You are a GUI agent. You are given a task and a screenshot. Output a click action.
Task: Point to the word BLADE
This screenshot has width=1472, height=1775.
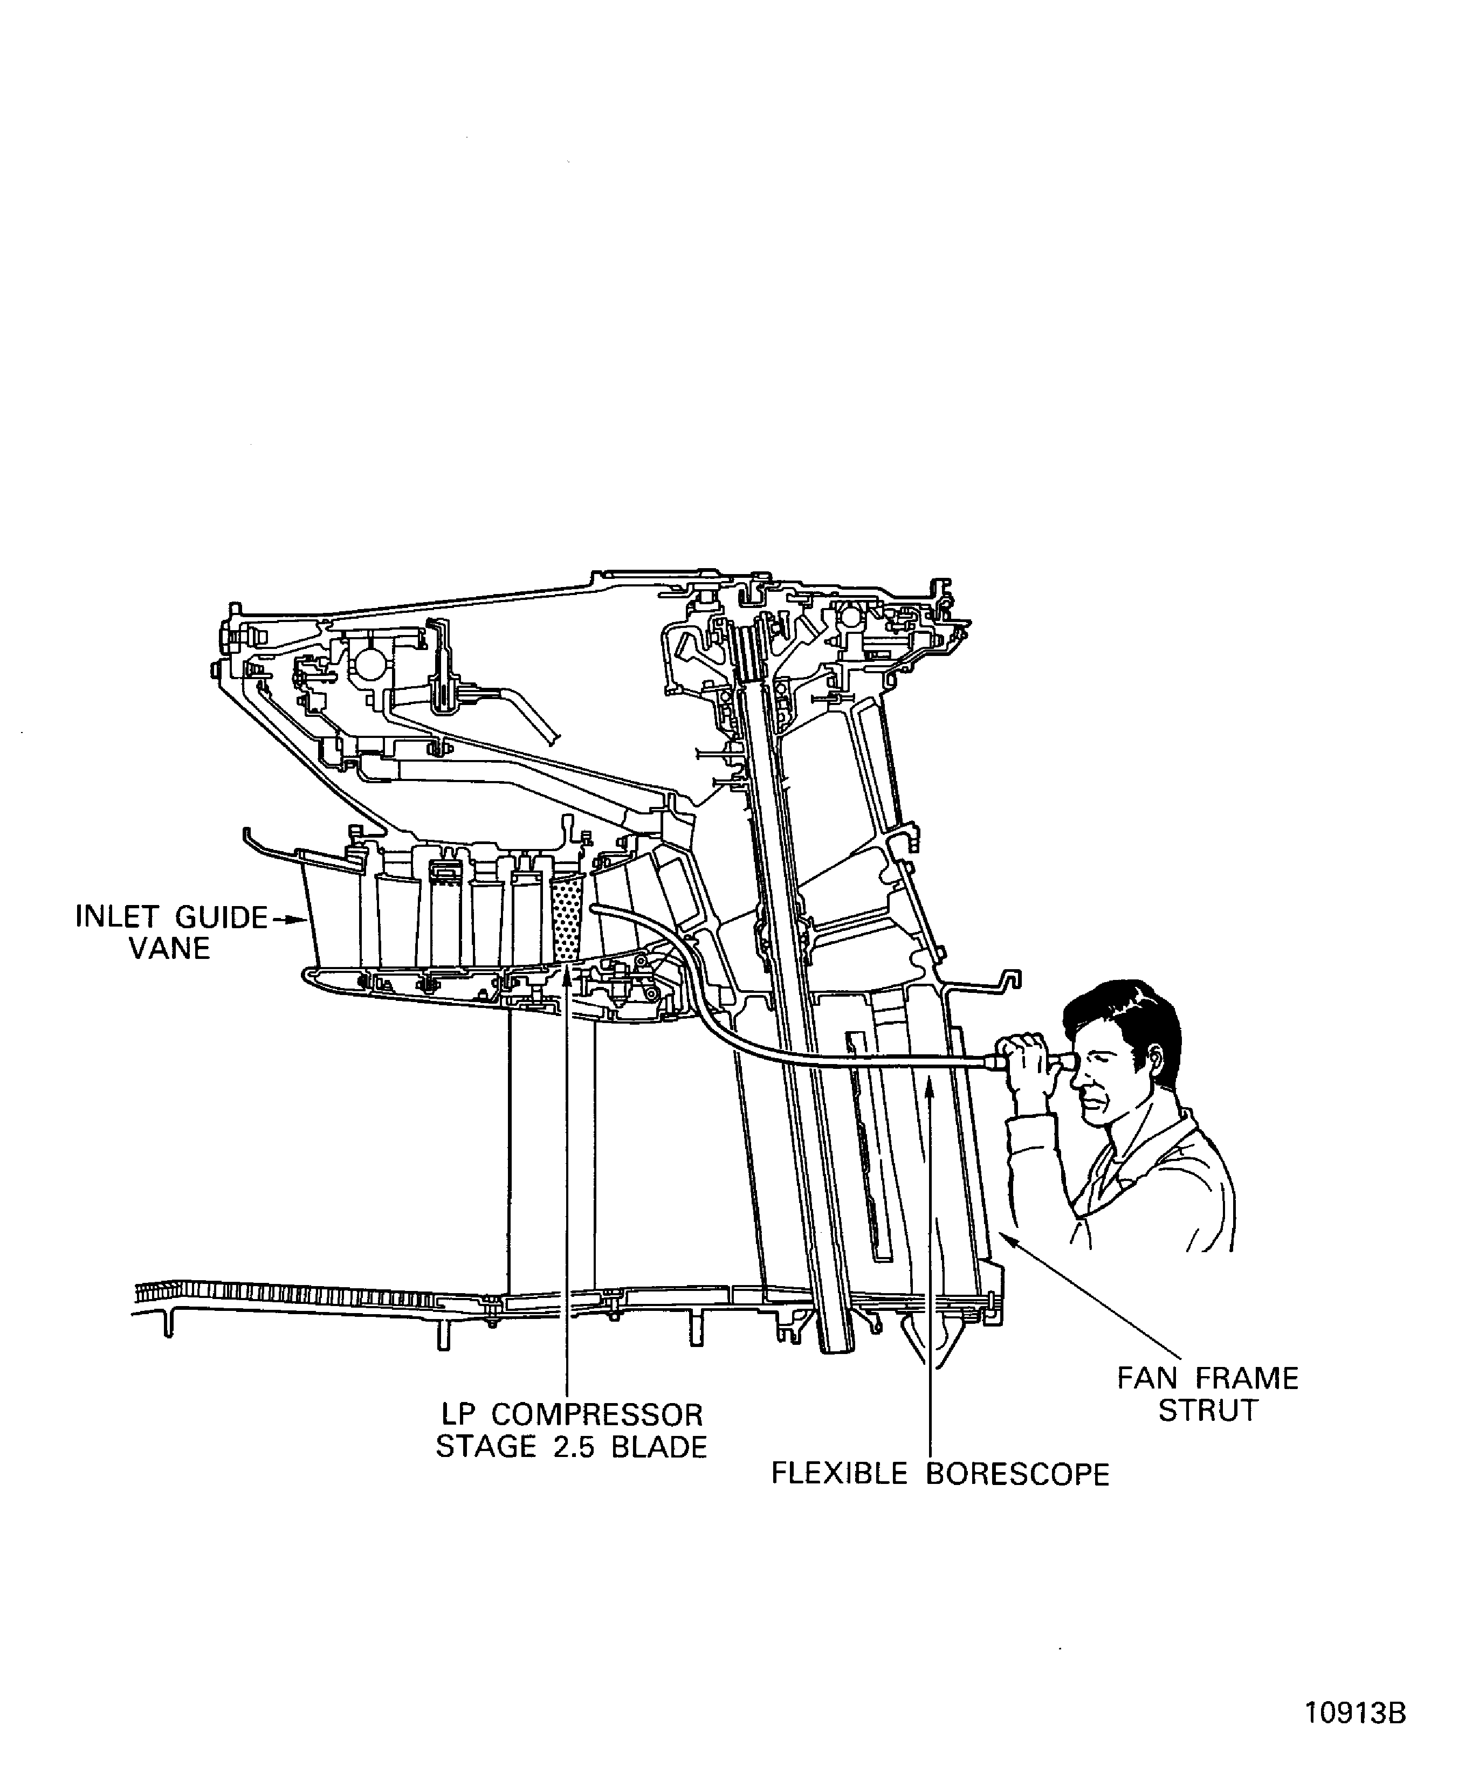click(x=659, y=1447)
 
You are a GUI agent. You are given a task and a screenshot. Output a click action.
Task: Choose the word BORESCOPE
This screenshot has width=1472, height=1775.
click(x=1017, y=1474)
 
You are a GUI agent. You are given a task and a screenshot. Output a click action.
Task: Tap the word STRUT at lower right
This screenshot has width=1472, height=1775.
click(x=1207, y=1411)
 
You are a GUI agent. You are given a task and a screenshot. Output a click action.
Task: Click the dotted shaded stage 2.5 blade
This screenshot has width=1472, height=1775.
click(x=567, y=921)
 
